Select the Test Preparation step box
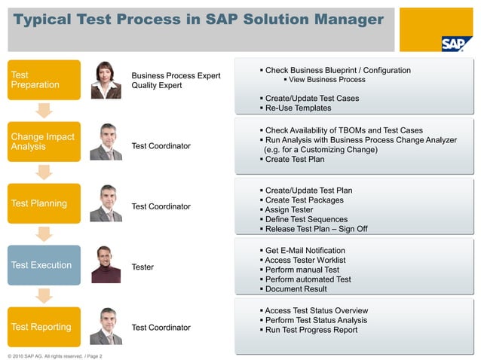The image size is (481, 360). (44, 80)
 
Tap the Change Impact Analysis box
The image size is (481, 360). (44, 142)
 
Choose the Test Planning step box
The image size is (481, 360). (44, 203)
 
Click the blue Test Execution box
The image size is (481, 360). (44, 265)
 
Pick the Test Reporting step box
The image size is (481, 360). (44, 327)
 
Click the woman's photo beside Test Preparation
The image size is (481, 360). (106, 80)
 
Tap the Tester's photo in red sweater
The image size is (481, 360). (106, 265)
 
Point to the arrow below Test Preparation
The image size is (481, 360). (44, 111)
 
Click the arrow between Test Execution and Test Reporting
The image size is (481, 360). (44, 296)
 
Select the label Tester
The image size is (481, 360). (142, 266)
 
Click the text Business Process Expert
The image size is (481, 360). (176, 75)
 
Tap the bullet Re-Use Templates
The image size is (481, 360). (298, 108)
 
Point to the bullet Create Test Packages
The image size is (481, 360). (304, 200)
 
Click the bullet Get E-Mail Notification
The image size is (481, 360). (305, 251)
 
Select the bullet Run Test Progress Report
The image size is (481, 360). (311, 330)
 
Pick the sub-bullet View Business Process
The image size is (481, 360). (326, 80)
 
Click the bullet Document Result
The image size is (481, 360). (296, 289)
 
